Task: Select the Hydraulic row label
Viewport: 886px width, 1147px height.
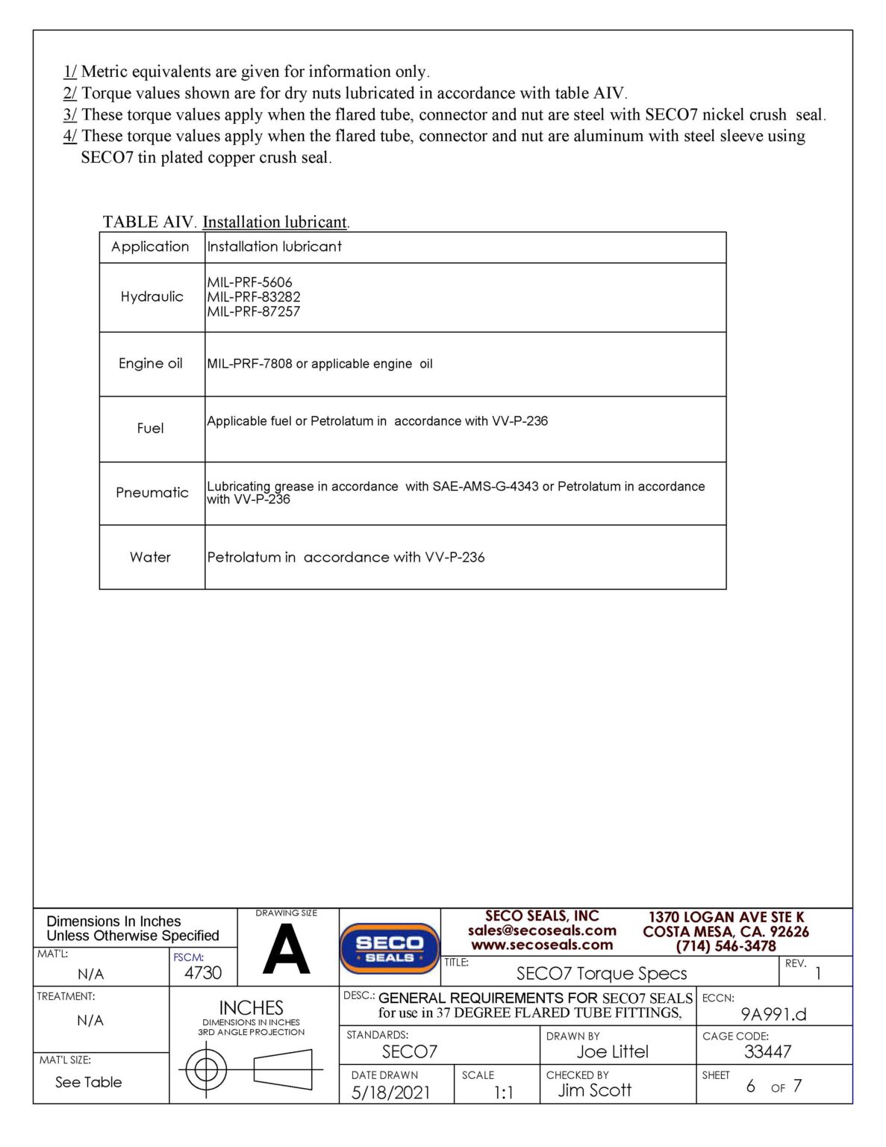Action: tap(152, 296)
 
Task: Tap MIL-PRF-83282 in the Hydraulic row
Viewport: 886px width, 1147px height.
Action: tap(254, 296)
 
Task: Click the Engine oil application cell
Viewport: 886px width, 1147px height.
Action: tap(151, 364)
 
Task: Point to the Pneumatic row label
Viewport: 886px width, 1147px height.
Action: tap(152, 493)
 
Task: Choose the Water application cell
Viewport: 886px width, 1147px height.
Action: tap(150, 557)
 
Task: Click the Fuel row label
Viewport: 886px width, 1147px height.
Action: tap(150, 429)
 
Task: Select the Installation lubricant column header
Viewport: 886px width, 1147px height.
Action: tap(274, 246)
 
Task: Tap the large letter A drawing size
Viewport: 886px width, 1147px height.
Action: tap(287, 950)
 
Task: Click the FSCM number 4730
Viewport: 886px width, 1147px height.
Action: tap(203, 973)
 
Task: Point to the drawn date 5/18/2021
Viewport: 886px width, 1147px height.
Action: tap(390, 1092)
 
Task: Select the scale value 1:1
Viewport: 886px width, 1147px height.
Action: tap(504, 1092)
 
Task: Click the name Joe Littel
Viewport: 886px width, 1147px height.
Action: tap(612, 1051)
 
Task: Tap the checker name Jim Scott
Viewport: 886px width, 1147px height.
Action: tap(595, 1090)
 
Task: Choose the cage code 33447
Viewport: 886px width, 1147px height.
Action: tap(767, 1051)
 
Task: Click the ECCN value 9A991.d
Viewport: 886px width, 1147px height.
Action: tap(773, 1014)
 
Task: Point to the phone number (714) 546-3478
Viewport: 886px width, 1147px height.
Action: tap(726, 946)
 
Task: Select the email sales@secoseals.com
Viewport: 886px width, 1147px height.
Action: tap(542, 930)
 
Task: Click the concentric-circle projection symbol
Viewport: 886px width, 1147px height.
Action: tap(206, 1070)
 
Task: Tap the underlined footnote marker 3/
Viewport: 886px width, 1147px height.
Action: tap(69, 115)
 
